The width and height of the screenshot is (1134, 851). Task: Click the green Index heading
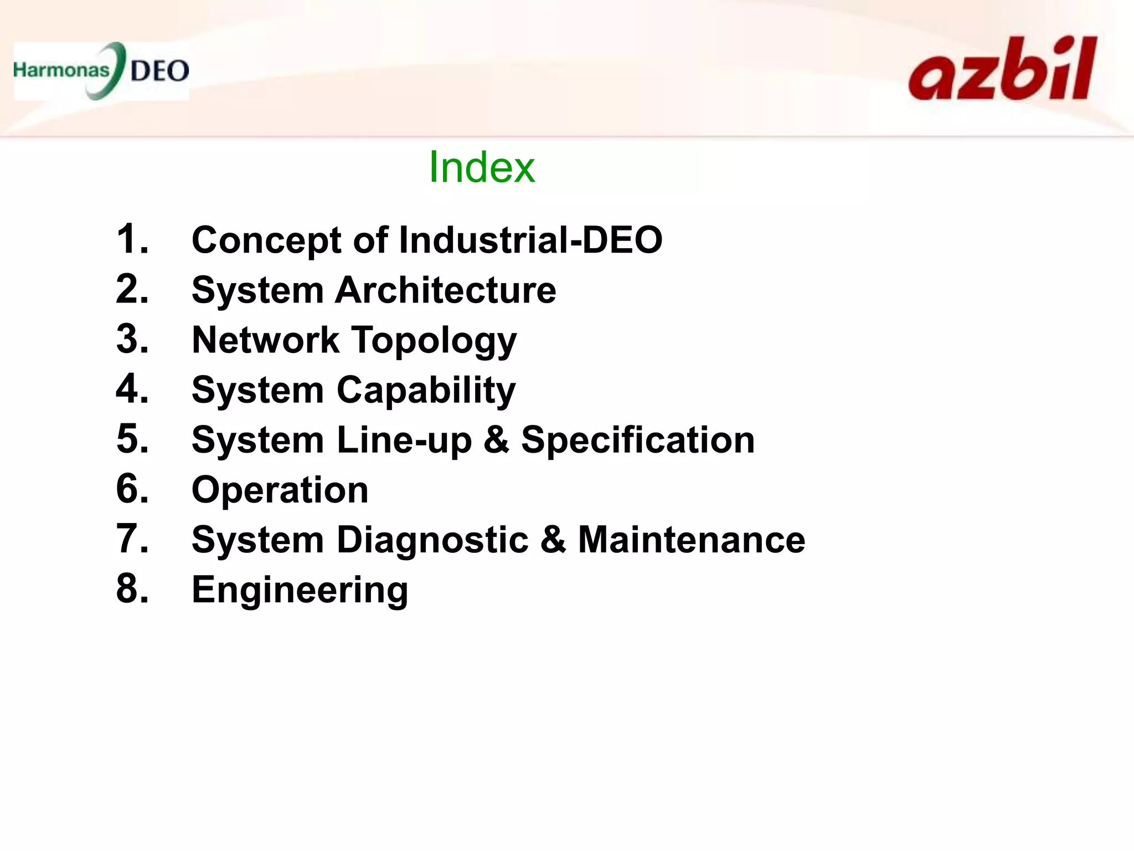(482, 167)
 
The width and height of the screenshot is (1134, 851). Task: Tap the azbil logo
(1002, 70)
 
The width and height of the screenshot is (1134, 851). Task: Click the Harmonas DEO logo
(101, 71)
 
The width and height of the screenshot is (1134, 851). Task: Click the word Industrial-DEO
(530, 240)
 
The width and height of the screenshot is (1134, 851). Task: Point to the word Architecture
(446, 290)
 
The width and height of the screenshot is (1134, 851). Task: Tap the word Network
(265, 340)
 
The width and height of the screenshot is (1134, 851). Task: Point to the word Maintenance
(692, 540)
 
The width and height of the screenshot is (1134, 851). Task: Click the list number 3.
(132, 339)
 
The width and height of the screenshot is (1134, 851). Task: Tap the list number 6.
(132, 489)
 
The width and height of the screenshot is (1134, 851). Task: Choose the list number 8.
(132, 589)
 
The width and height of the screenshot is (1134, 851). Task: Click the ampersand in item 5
(496, 440)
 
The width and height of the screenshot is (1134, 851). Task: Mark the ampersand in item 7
(553, 540)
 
